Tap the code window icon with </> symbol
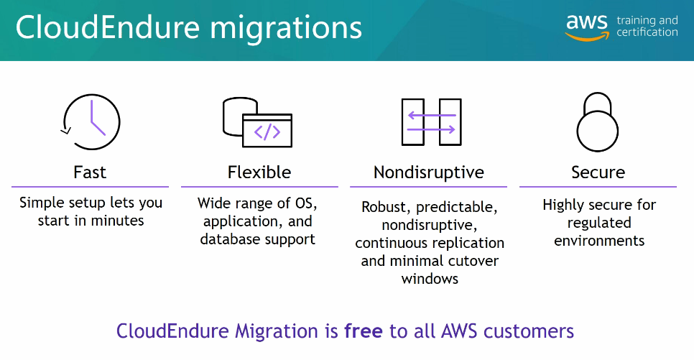[x=267, y=131]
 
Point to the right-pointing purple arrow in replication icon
[x=430, y=129]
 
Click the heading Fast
[x=90, y=172]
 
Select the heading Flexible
[x=259, y=172]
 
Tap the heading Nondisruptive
[x=429, y=172]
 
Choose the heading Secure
[x=598, y=172]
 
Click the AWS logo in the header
[x=586, y=26]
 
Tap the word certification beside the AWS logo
[x=647, y=33]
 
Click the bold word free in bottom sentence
[x=364, y=331]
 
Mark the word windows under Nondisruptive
[x=430, y=278]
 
